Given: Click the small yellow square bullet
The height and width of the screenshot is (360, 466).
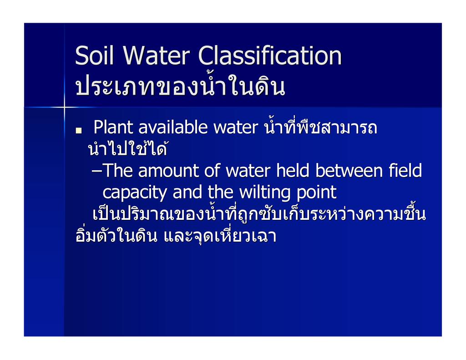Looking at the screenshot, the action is click(x=78, y=130).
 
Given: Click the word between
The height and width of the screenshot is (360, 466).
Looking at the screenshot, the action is click(x=349, y=171).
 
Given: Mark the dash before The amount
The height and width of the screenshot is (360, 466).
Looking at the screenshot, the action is click(x=96, y=172).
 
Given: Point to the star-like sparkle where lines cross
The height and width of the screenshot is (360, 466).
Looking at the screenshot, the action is click(x=64, y=107).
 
